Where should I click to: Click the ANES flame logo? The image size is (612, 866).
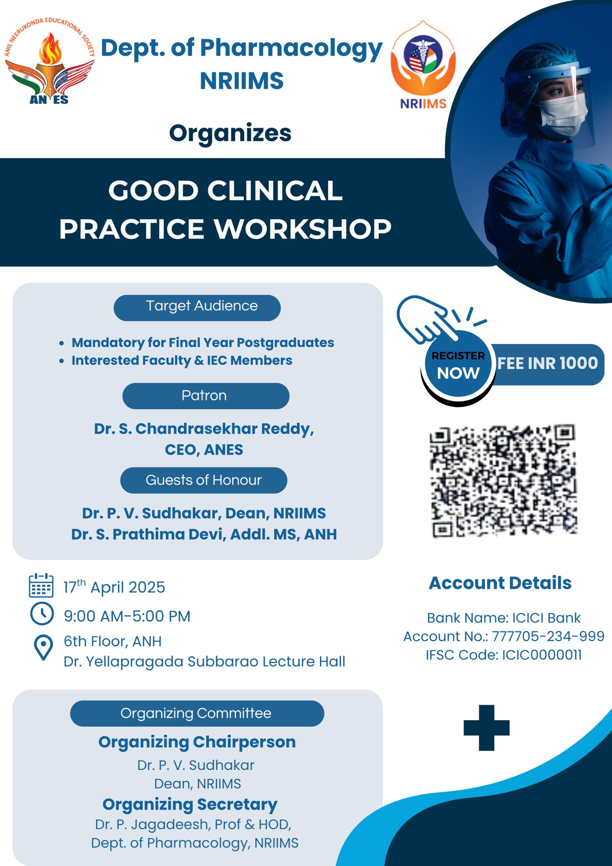coord(49,60)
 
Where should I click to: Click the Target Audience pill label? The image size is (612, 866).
coord(197,308)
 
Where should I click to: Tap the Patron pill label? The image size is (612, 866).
coord(206,396)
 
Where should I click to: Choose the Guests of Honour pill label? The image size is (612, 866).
coord(204,480)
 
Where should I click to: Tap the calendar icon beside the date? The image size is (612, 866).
coord(41,585)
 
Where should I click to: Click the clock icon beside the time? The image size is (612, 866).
coord(42,614)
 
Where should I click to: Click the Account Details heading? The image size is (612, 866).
coord(500,583)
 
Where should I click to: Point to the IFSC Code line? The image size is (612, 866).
coord(504,655)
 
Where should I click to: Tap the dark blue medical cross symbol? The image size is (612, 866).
coord(487,728)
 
